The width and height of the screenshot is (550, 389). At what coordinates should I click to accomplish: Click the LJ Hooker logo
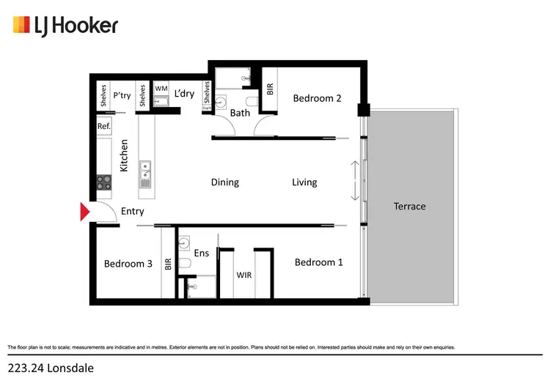(x=65, y=26)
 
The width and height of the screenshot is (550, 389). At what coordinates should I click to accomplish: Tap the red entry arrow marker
(x=84, y=212)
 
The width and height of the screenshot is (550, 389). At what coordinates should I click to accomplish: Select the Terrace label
(x=409, y=206)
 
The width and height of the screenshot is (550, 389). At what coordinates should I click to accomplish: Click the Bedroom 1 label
(x=318, y=262)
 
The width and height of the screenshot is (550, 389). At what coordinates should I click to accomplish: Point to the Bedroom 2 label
(x=317, y=98)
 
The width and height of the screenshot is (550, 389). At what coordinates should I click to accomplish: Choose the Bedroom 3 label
(x=128, y=264)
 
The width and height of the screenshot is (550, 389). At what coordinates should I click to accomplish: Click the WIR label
(x=244, y=275)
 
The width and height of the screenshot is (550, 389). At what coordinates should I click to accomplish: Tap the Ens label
(x=202, y=253)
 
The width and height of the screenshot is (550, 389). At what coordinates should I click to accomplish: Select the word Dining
(x=224, y=182)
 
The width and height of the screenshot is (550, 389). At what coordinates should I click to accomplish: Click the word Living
(x=304, y=182)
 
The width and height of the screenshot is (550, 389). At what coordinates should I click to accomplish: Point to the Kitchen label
(x=125, y=155)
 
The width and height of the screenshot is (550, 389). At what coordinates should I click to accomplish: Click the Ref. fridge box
(x=104, y=126)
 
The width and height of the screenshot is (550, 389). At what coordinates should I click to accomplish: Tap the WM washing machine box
(x=161, y=89)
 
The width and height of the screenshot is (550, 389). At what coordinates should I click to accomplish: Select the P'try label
(x=122, y=95)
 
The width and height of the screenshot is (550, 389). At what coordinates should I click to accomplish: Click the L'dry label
(x=184, y=94)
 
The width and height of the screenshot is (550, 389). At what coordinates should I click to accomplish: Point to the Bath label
(x=240, y=113)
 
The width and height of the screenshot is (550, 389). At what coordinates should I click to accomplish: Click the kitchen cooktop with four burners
(x=103, y=182)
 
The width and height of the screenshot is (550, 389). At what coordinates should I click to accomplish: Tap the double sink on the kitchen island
(x=145, y=171)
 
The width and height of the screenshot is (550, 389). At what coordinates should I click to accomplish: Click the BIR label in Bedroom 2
(x=270, y=89)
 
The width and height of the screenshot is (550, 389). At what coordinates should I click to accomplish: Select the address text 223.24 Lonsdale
(x=51, y=368)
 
